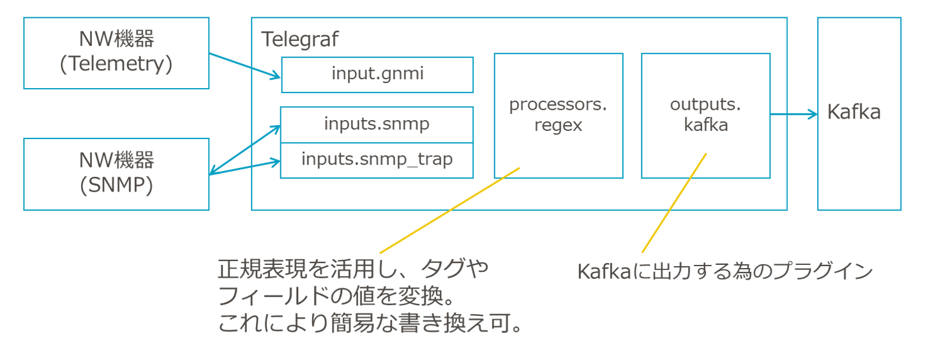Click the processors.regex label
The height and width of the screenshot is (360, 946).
[x=558, y=114]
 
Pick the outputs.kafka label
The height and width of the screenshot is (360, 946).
[x=705, y=114]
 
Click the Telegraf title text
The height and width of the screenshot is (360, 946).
[x=300, y=40]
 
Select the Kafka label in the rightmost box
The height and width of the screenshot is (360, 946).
[x=853, y=112]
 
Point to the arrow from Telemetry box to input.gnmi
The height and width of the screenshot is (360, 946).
[x=245, y=66]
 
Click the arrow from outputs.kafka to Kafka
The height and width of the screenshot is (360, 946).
[x=793, y=114]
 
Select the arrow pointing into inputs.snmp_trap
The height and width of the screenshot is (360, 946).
[x=245, y=167]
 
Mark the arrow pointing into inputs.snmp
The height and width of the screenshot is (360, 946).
[x=245, y=149]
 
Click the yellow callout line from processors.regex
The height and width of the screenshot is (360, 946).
[x=450, y=211]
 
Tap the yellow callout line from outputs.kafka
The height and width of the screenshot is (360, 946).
[x=674, y=203]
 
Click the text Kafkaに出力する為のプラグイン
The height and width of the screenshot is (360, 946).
[x=725, y=271]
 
